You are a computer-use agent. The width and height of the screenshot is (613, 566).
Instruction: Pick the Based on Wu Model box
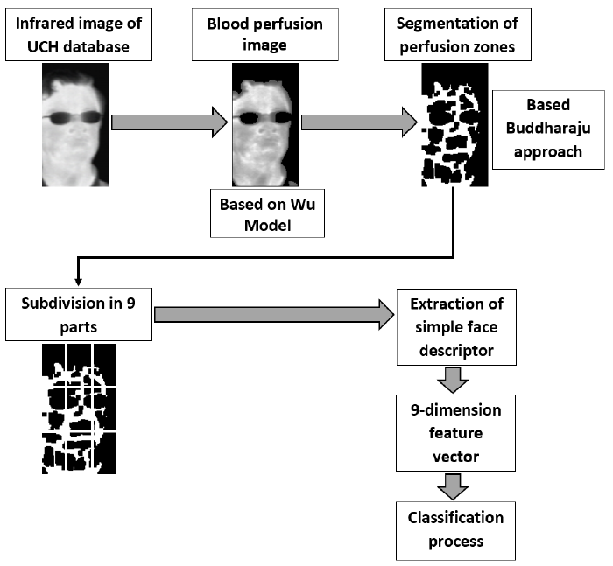coord(267,213)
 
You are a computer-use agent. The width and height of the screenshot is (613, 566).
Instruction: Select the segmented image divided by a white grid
coord(79,408)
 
